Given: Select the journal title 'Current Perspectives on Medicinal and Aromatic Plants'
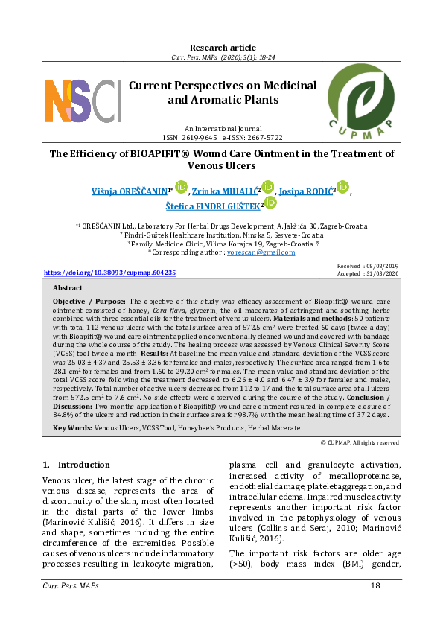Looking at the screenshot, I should [222, 92].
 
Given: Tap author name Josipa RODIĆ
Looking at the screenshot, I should [307, 191].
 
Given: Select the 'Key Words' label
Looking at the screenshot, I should [72, 428].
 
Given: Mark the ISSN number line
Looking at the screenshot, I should [222, 138].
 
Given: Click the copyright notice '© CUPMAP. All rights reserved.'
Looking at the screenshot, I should [361, 442].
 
